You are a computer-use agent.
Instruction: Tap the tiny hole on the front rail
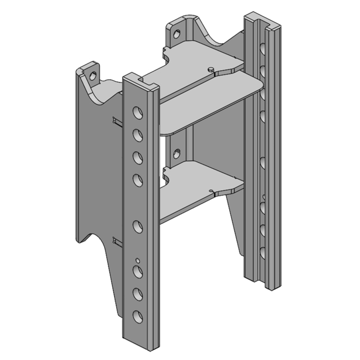[x=138, y=260]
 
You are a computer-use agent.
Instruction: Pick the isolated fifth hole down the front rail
[x=137, y=225]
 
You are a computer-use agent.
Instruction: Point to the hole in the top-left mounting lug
[x=93, y=76]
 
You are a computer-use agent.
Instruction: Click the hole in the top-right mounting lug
[x=178, y=32]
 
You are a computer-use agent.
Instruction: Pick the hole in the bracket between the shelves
[x=177, y=153]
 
